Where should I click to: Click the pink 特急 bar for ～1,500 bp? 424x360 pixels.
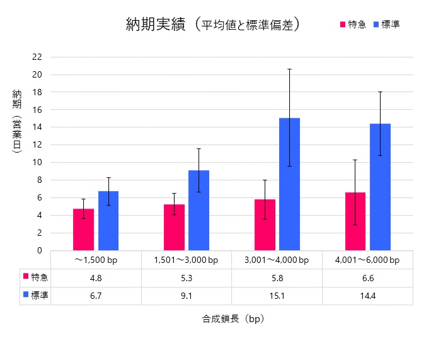(83, 229)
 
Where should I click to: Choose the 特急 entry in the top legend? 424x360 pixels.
(353, 24)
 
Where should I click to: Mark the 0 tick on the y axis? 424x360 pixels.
(38, 250)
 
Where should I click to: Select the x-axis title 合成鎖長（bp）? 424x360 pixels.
(232, 319)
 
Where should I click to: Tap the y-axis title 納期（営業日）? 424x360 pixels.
(17, 120)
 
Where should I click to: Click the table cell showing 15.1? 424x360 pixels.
(277, 295)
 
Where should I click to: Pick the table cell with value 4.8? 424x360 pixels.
(96, 277)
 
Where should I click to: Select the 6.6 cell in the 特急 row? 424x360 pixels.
(368, 277)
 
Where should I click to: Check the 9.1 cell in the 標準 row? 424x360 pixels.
(186, 295)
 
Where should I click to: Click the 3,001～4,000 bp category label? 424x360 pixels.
(277, 259)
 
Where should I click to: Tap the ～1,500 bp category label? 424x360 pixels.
(96, 259)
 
